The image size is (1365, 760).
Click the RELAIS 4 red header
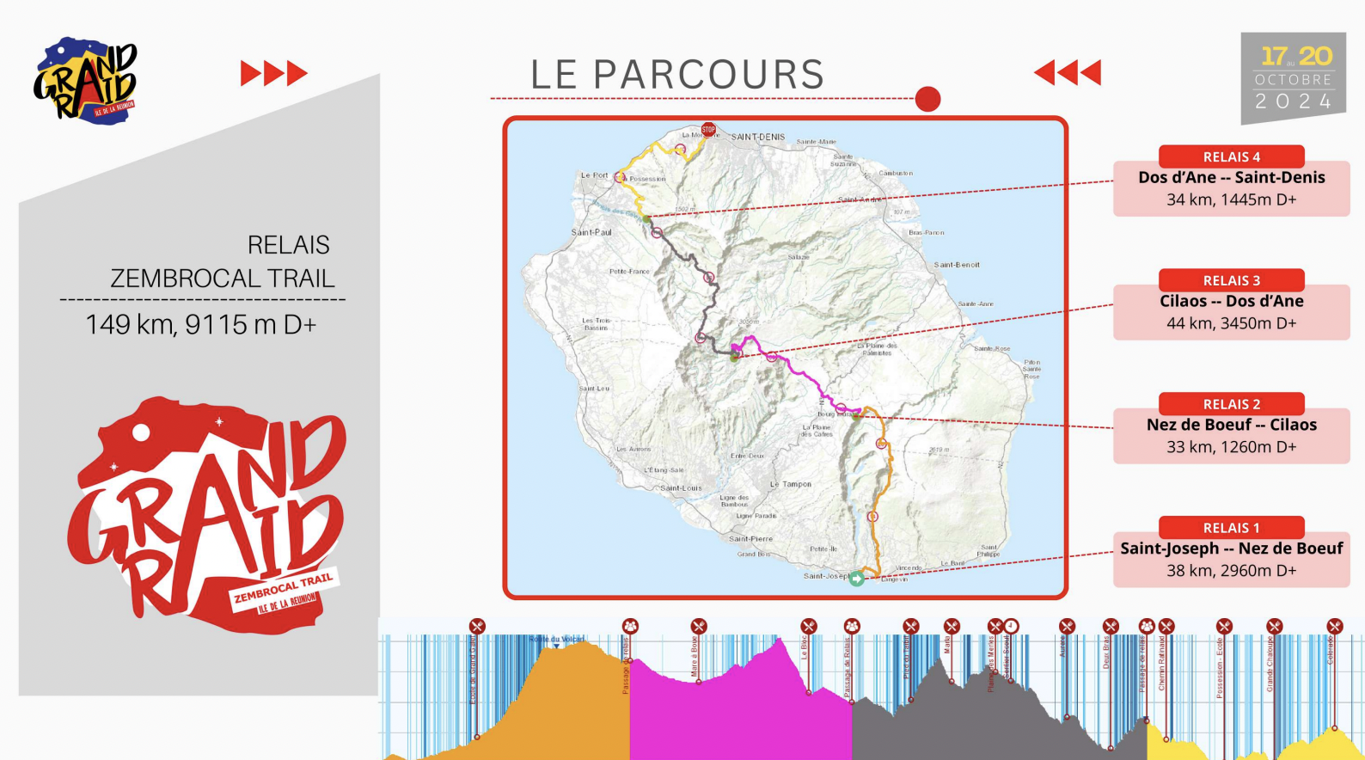1231,156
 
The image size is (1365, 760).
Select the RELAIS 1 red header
1231,528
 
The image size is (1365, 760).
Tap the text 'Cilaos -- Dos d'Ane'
1231,301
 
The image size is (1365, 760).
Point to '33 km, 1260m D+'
1231,447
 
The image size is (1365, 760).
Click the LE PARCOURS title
677,75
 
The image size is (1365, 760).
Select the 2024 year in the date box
1293,101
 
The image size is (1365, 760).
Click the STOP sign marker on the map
708,130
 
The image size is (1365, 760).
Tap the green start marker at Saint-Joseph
857,579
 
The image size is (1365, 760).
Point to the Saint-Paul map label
591,232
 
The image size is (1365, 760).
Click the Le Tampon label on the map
791,484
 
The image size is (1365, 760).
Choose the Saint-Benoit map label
957,265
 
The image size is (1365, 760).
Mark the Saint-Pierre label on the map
750,539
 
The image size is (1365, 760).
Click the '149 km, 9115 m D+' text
201,325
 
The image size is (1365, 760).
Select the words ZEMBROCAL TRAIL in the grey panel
223,279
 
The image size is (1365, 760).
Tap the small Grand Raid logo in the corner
86,81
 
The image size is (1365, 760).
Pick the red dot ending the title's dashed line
927,99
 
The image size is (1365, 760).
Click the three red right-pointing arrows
273,73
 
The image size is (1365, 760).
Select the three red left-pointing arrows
1068,72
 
